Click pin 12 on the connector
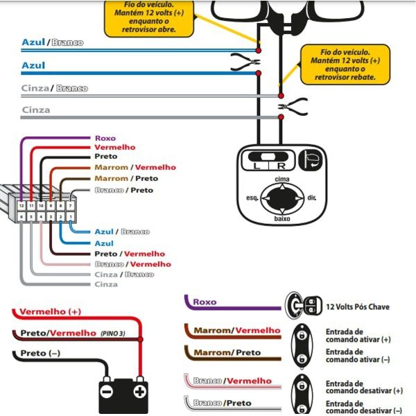point(21,206)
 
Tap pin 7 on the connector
point(70,206)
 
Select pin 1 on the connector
point(70,217)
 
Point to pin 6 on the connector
point(21,217)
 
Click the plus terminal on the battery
point(140,392)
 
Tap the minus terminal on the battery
point(107,392)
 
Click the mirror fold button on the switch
point(311,160)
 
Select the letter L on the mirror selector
point(257,166)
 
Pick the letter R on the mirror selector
point(281,166)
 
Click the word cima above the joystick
point(282,179)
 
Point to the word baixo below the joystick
point(282,218)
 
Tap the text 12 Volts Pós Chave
point(358,307)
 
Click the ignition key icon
point(304,305)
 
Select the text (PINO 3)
point(113,333)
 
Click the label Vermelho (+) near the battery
point(51,311)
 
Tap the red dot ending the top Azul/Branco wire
point(258,51)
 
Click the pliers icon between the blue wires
point(245,62)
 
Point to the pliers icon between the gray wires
point(293,107)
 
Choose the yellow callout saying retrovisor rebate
point(345,64)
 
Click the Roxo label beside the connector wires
point(105,138)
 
